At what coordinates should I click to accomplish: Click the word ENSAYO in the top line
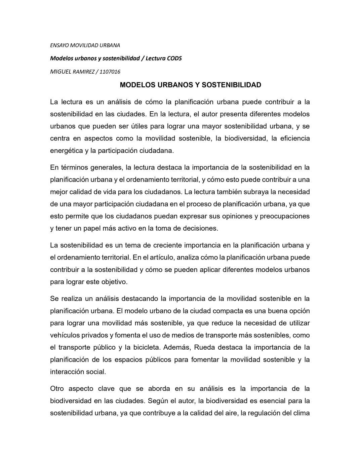[59, 45]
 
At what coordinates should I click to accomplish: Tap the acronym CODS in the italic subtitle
[174, 58]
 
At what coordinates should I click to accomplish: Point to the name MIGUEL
[59, 72]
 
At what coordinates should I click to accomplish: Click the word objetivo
[115, 281]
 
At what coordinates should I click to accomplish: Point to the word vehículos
[65, 335]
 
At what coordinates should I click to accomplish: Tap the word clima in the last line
[301, 413]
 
